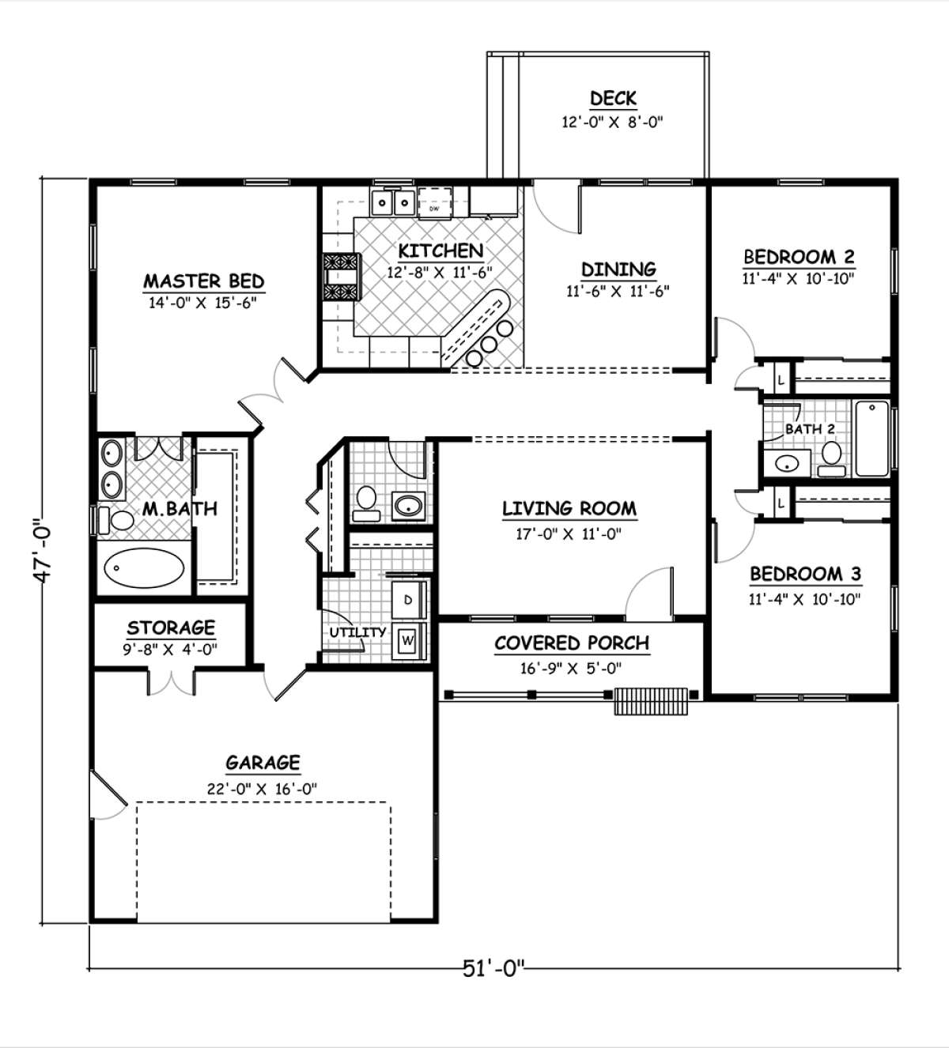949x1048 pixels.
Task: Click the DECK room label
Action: (613, 98)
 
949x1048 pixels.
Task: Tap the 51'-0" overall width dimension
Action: (493, 968)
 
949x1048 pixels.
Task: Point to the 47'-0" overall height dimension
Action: (43, 550)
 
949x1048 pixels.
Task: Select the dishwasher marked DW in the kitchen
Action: (434, 202)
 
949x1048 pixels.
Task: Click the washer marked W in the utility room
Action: (408, 640)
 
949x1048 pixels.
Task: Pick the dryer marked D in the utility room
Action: (408, 600)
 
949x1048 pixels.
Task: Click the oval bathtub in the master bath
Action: (144, 568)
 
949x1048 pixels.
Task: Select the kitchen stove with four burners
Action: (342, 277)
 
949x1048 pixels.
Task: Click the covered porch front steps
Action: (650, 701)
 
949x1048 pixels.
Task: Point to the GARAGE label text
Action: (263, 762)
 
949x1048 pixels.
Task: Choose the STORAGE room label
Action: (171, 627)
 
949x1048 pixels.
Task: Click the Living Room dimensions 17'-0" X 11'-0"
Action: (569, 534)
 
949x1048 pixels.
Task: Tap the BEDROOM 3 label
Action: (805, 574)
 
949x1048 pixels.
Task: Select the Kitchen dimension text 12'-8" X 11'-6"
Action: (440, 272)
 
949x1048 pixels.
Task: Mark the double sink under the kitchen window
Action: (393, 202)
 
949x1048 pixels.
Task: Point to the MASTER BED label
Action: (204, 281)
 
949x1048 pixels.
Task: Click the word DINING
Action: (618, 269)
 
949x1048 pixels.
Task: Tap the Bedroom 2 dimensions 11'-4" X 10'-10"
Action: (798, 278)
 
